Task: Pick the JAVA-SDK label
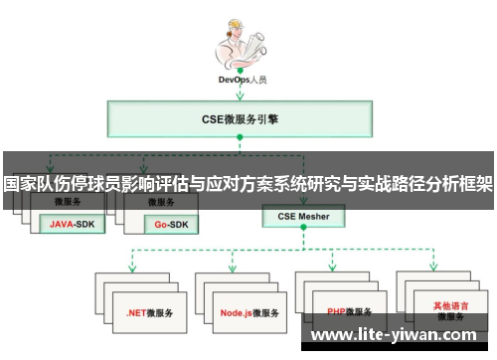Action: tap(75, 224)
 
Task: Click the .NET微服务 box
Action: tap(149, 312)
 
